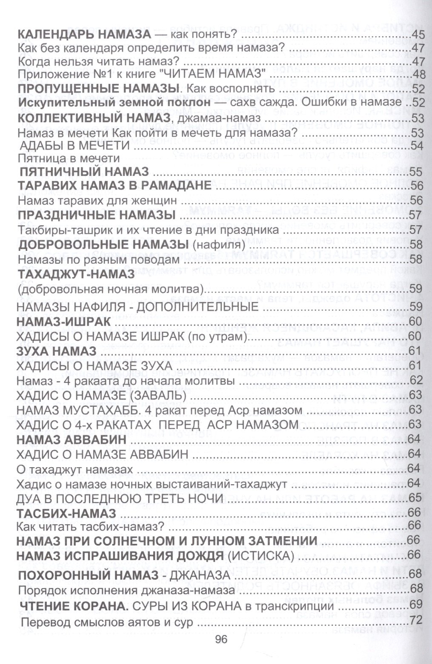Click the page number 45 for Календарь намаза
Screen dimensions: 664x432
tap(414, 35)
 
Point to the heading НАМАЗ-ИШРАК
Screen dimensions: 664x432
tap(63, 322)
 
